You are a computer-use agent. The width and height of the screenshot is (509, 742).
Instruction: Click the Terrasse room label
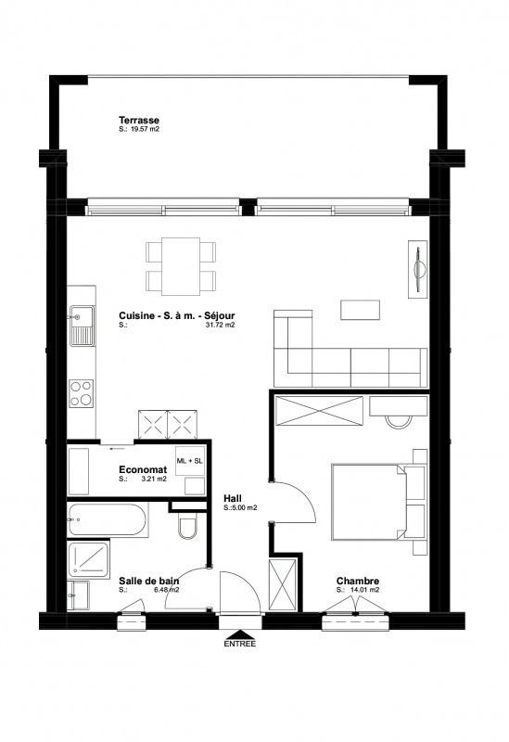point(138,121)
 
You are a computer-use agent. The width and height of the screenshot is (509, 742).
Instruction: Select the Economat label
point(143,470)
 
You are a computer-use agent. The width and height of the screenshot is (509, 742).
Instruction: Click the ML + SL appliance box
point(190,460)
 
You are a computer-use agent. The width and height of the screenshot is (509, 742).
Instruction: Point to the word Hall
point(233,498)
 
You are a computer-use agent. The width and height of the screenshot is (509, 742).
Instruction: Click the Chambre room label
point(358,582)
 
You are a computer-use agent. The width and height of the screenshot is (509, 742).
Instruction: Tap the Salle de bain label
point(149,582)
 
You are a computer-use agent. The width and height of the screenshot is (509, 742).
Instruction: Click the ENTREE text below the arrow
point(240,644)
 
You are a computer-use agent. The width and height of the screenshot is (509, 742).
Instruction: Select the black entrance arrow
point(240,634)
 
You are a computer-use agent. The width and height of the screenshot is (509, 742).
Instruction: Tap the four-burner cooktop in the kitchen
point(82,393)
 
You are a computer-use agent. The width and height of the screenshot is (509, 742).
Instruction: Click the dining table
point(181,266)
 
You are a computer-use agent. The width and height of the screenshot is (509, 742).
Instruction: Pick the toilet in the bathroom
point(188,526)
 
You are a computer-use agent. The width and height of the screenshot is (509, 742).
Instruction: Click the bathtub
point(106,519)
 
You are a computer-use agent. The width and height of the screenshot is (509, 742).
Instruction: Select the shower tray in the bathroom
point(88,559)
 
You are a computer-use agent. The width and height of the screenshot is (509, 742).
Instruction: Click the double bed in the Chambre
point(369,502)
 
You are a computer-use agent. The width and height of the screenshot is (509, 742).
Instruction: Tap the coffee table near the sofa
point(360,310)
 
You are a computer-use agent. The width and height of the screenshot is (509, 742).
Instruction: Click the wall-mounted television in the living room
point(418,269)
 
